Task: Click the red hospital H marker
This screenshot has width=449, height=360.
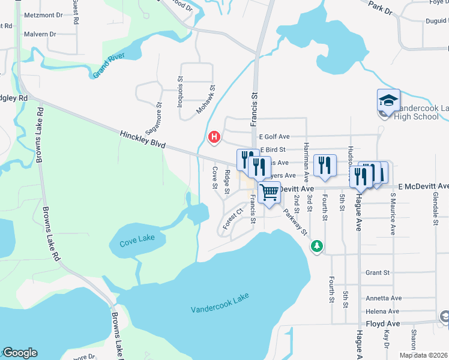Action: [213, 138]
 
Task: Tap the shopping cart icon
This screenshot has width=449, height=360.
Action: [270, 193]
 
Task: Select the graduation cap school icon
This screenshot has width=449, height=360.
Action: [388, 100]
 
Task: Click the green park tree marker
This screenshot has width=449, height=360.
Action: [316, 246]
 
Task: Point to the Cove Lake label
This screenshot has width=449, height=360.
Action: [137, 239]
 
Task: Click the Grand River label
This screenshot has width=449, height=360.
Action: [109, 65]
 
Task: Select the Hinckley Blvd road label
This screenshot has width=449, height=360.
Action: [142, 139]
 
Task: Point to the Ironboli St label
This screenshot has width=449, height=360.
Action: [179, 90]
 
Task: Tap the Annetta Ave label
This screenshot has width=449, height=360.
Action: [384, 298]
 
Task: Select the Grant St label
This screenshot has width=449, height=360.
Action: [378, 272]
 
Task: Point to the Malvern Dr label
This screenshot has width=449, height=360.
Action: [40, 34]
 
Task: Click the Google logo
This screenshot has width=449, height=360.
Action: [20, 353]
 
